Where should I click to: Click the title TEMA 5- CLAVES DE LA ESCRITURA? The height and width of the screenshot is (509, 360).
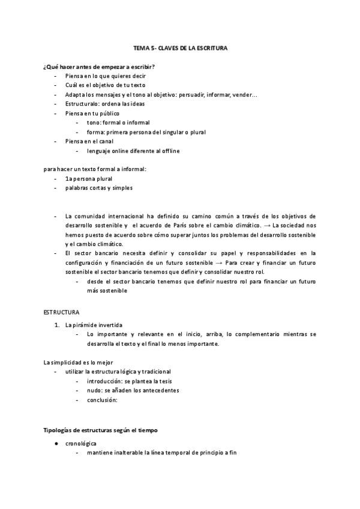coord(180,47)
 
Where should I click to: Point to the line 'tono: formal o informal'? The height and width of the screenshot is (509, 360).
coord(118,122)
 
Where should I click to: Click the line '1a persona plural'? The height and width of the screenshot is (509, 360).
coord(89,178)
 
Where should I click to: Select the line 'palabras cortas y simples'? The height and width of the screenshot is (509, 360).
coord(99,188)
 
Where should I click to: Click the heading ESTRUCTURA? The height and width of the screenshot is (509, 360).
coord(61,313)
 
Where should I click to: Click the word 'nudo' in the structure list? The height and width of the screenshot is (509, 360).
coord(94,390)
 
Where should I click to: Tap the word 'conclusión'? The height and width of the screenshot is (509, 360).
coord(101,400)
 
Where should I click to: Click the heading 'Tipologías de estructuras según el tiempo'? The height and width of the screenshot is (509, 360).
coord(101,430)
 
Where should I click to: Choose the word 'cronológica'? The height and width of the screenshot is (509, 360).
coord(82,443)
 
